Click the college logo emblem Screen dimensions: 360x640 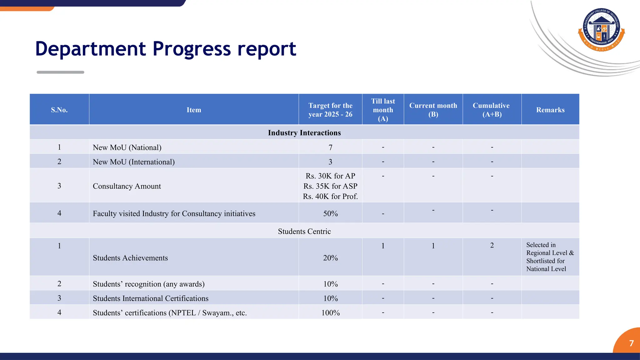click(602, 30)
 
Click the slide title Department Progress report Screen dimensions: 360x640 click(166, 49)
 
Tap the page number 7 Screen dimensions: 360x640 click(631, 343)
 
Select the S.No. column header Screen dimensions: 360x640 click(59, 110)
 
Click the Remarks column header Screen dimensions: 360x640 click(550, 110)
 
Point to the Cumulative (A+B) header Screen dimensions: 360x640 click(492, 110)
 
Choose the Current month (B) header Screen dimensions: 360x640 click(433, 110)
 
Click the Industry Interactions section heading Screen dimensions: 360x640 click(304, 133)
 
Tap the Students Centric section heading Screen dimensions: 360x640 click(304, 232)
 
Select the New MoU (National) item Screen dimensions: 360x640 click(127, 147)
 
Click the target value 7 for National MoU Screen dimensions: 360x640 click(330, 147)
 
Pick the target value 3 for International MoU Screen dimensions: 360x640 click(330, 162)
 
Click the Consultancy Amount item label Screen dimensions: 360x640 click(127, 186)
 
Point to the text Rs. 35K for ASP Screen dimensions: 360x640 click(330, 186)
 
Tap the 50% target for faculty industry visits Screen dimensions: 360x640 click(330, 214)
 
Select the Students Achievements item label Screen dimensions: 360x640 click(130, 258)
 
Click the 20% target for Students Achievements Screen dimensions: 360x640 click(330, 258)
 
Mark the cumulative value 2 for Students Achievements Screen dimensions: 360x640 click(492, 246)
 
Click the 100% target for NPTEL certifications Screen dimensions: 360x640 click(330, 313)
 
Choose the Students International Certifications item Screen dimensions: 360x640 click(151, 298)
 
